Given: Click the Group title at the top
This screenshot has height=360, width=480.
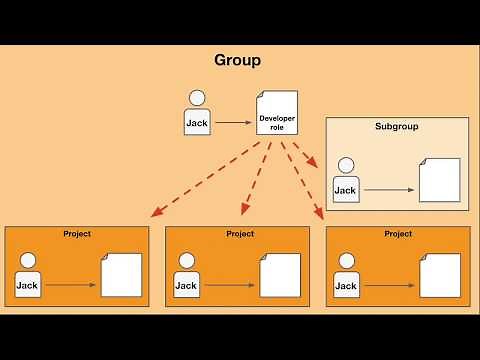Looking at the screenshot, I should (x=238, y=60).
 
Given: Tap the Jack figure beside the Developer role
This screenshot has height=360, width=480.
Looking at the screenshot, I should (x=197, y=112).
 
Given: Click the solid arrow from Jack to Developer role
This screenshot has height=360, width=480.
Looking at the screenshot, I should (x=232, y=122).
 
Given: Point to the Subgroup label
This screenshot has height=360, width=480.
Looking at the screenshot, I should (x=396, y=127).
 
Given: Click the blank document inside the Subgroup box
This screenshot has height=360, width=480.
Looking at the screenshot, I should (x=439, y=179).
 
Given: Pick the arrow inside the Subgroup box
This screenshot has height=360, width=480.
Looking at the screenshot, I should (x=388, y=190).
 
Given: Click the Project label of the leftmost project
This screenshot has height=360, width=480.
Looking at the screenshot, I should (x=77, y=234).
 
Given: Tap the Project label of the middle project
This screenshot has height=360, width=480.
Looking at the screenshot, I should (x=240, y=234).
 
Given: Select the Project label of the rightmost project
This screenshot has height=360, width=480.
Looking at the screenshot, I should (x=398, y=234).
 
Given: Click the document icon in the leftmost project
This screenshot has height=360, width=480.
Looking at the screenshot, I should (x=121, y=274).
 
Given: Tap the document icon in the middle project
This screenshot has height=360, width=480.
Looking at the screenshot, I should (x=280, y=274).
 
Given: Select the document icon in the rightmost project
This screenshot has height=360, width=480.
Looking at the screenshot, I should (x=439, y=274).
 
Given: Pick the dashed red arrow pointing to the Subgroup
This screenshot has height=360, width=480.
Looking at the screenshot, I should (x=300, y=154).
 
